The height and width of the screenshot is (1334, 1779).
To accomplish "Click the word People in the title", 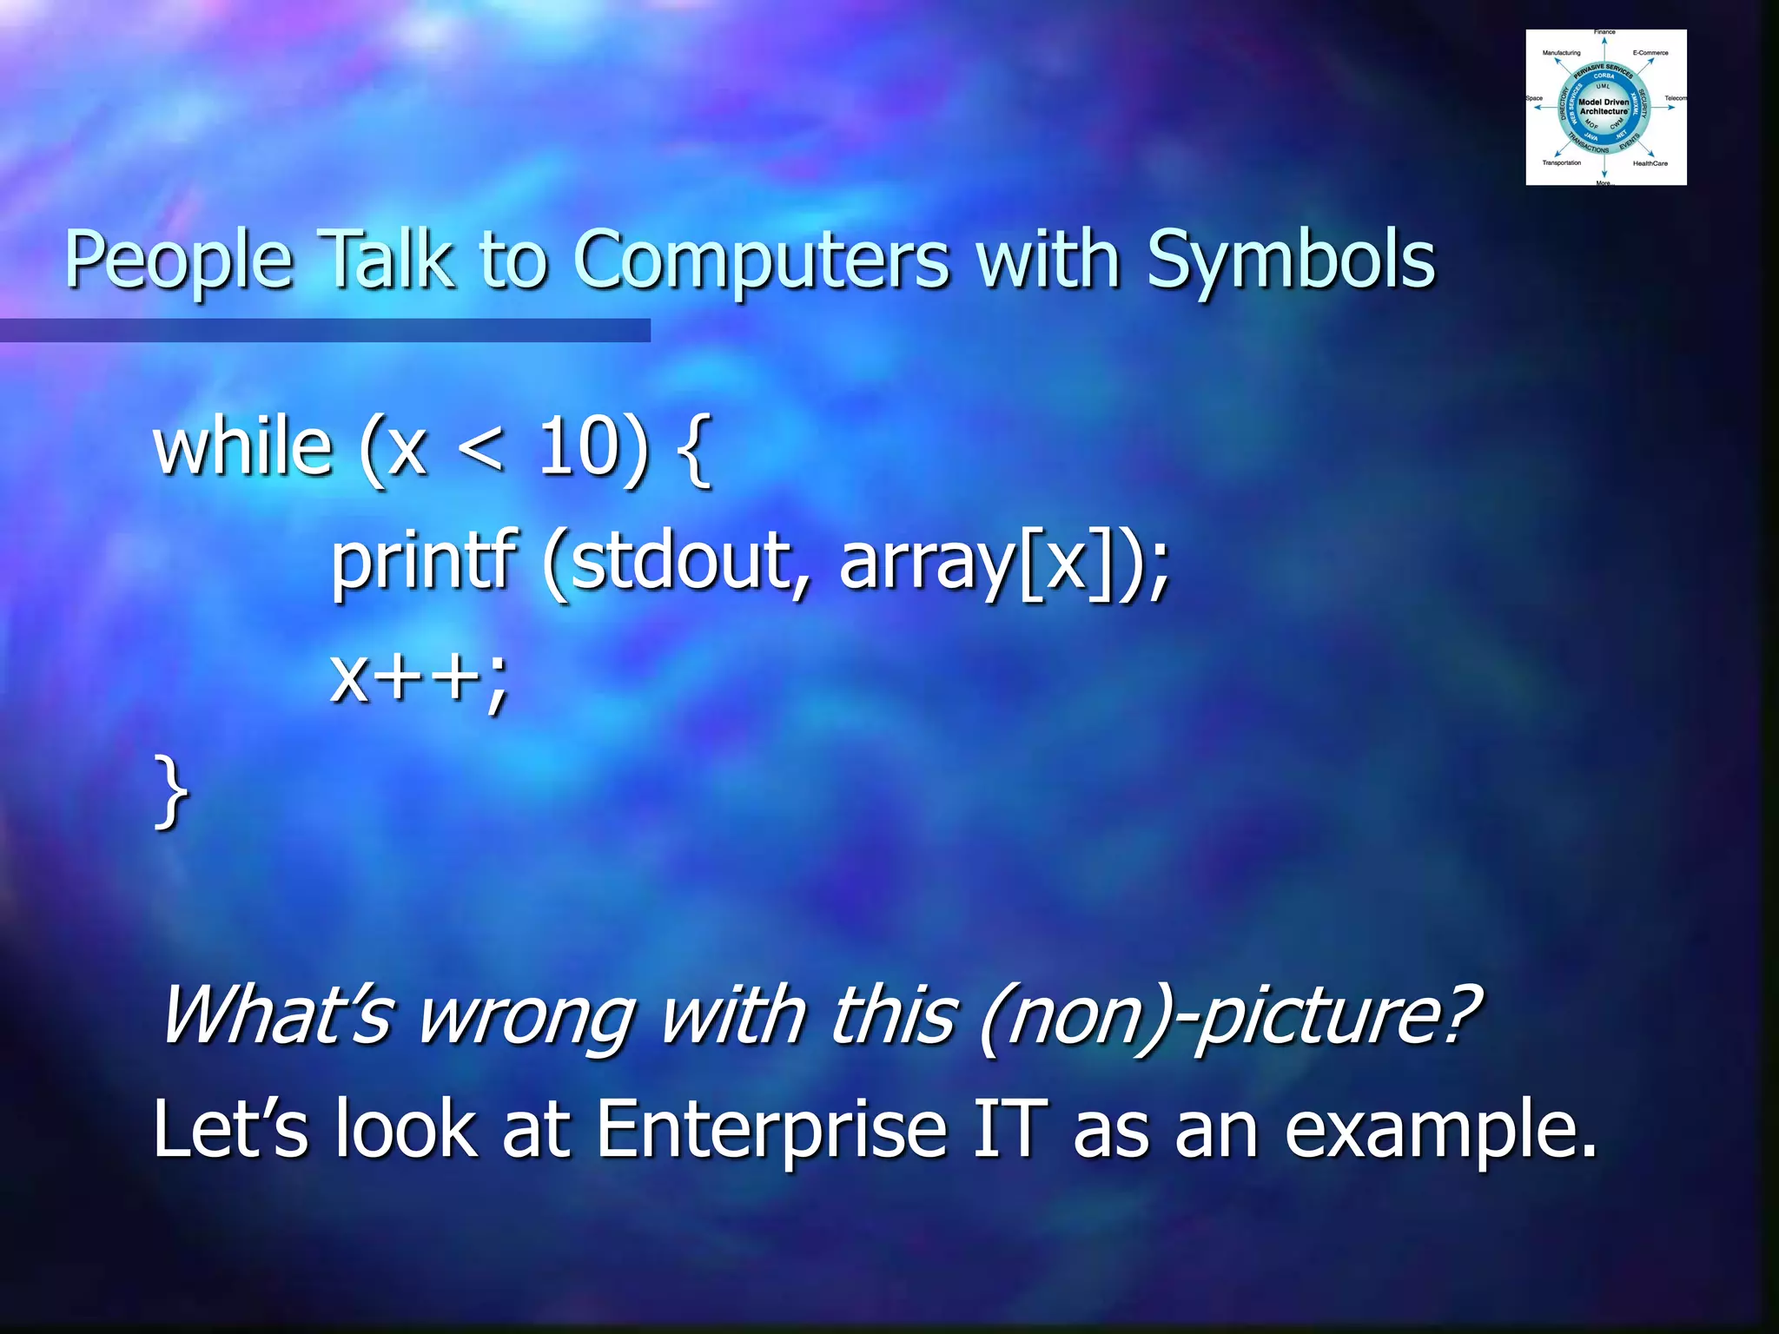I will click(178, 261).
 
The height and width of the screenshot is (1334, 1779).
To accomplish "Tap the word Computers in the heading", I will click(761, 261).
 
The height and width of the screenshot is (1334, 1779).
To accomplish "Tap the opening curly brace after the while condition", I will click(693, 449).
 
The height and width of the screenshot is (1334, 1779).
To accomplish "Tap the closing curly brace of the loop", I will click(171, 790).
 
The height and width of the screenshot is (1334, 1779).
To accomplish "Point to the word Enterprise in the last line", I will click(772, 1129).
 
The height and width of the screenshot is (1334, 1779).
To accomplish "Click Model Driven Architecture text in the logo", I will click(1604, 107).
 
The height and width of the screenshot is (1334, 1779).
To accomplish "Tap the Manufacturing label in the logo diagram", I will click(1561, 53).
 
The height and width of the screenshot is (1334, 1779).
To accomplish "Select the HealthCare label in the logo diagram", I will click(1650, 163).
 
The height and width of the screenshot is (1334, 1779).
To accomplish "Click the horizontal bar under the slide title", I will click(325, 330).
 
